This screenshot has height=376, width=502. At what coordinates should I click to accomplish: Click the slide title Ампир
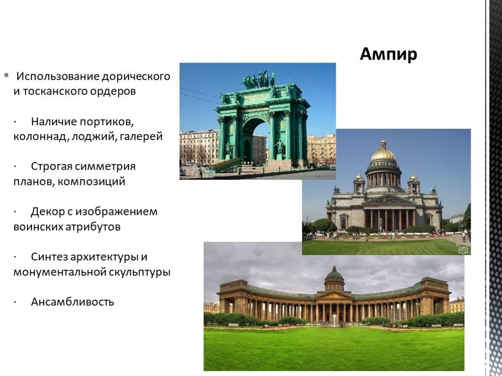tap(388, 54)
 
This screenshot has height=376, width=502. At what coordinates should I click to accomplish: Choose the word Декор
tap(48, 211)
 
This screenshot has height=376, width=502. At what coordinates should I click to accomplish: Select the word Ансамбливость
tap(73, 302)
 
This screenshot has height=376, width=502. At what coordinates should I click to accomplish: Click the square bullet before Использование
tap(6, 75)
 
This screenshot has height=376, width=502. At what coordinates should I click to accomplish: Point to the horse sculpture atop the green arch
tap(259, 79)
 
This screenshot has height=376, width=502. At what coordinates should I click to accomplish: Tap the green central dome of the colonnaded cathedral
tap(334, 274)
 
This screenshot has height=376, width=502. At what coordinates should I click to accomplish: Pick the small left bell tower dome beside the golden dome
tap(359, 177)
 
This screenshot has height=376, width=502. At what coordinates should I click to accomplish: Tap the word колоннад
tap(41, 136)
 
